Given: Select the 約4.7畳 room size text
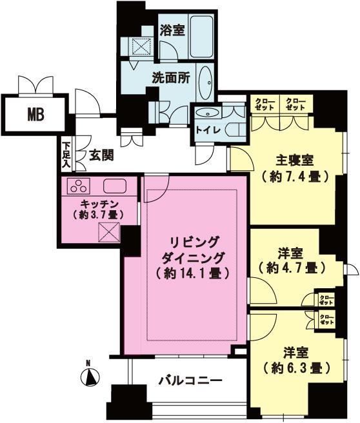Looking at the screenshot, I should point(288,266).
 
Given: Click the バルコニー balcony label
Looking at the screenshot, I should point(191,380).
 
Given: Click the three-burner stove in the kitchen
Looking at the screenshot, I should point(79,186).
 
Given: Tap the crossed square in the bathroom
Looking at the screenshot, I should point(140,47).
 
